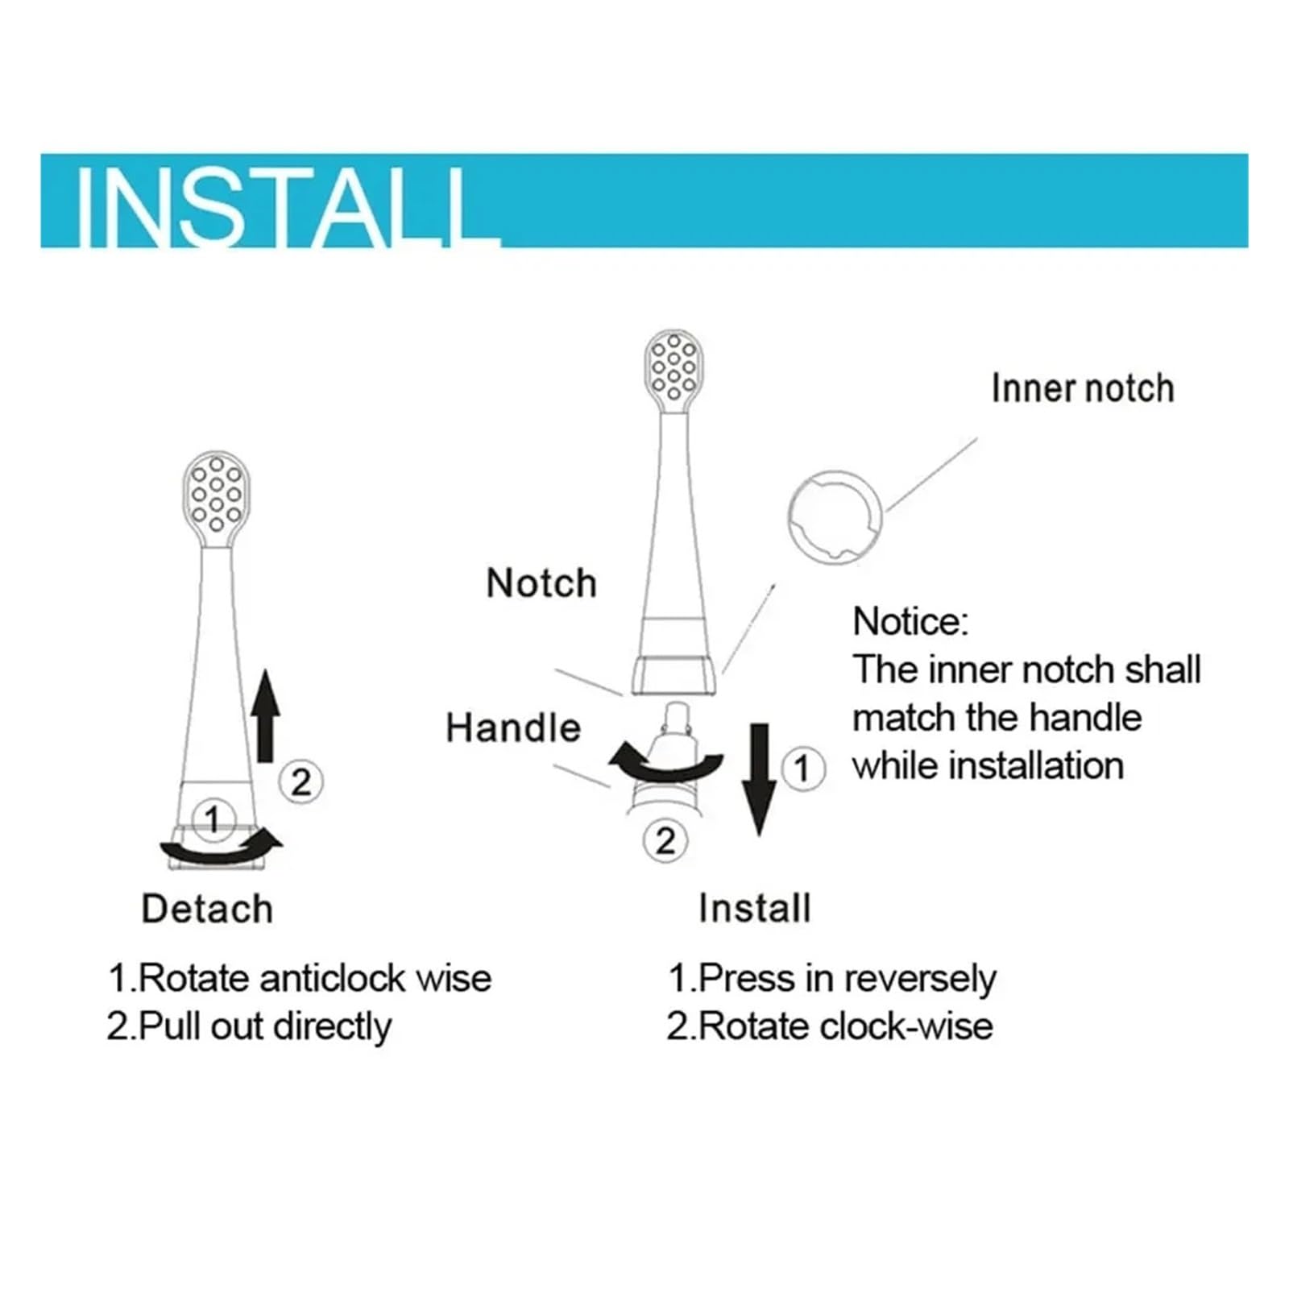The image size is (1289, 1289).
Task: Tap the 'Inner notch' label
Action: coord(1082,388)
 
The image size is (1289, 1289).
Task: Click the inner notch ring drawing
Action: coord(835,517)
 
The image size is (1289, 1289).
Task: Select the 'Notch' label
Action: coord(541,582)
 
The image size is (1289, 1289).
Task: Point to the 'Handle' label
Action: coord(513,728)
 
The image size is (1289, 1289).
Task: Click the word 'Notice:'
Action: coord(910,622)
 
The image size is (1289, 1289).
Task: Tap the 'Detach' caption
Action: coord(207,909)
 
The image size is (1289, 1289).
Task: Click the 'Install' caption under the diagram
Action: coord(755,909)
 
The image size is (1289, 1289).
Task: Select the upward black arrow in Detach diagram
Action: coord(265,715)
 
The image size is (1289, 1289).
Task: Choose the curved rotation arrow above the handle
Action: coord(666,765)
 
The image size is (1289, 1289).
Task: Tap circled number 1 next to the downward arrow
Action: coord(802,769)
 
